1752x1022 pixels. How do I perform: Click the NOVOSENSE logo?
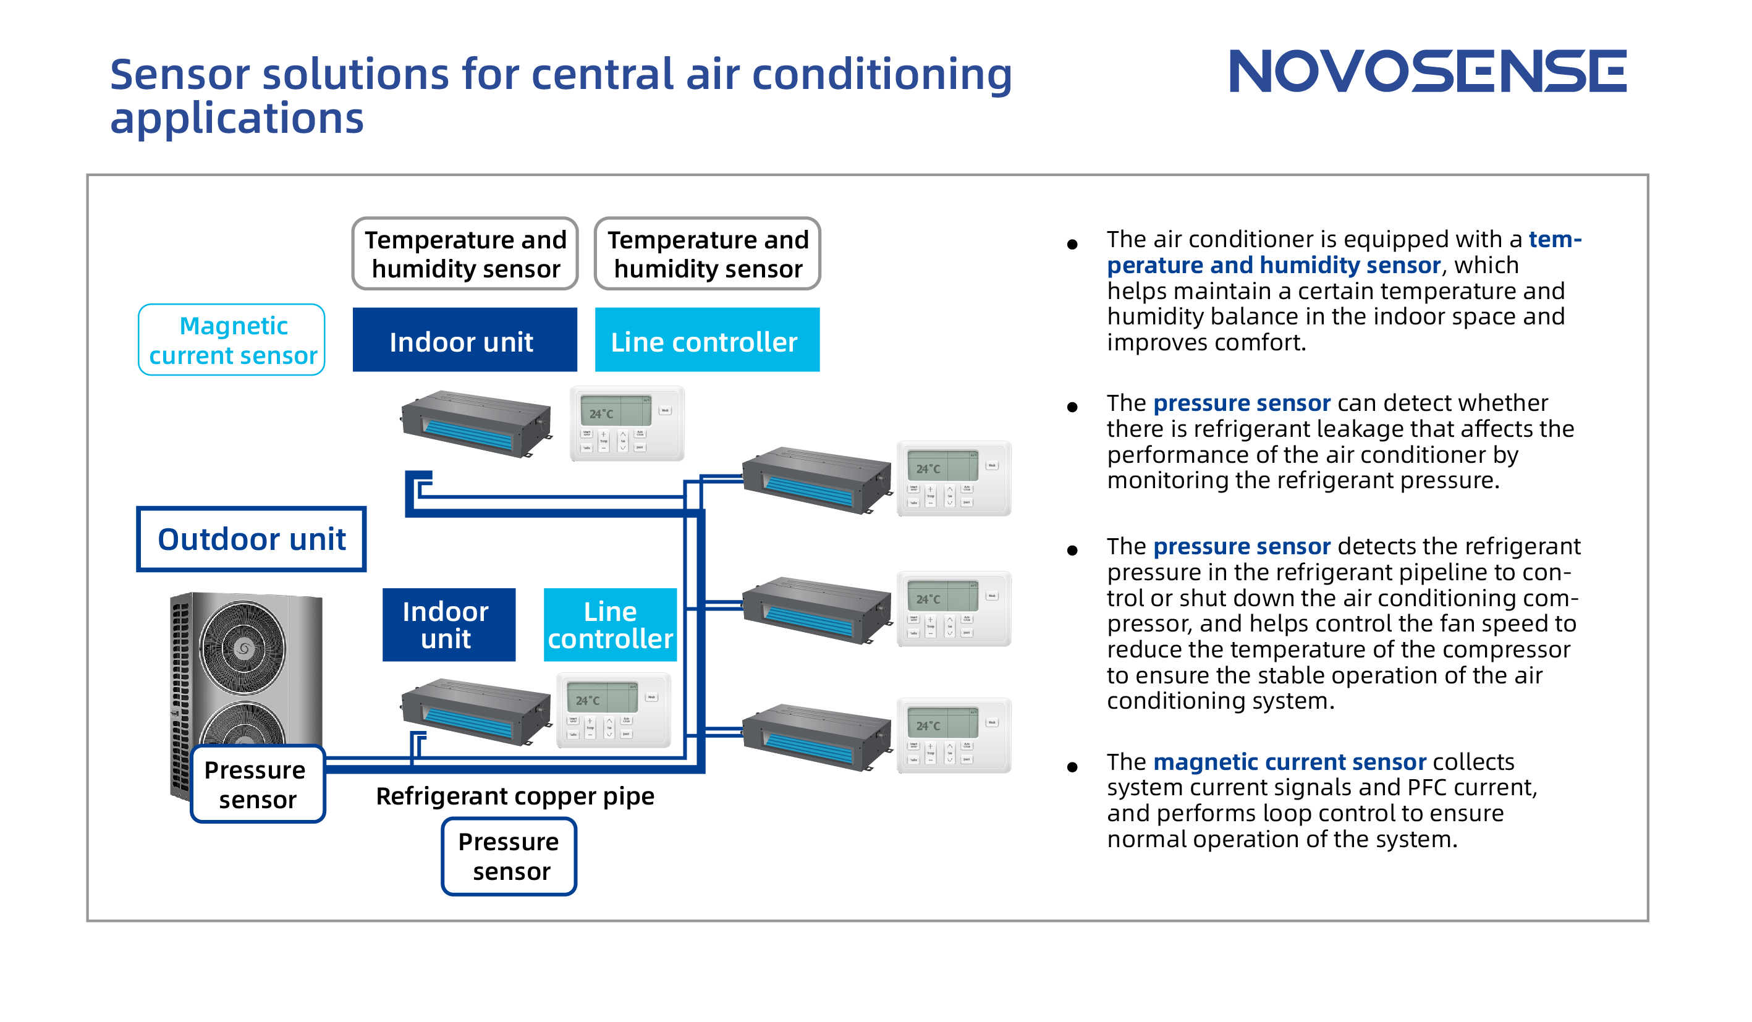coord(1428,71)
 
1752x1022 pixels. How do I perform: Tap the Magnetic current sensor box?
coord(232,340)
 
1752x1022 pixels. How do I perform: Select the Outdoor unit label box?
coord(251,539)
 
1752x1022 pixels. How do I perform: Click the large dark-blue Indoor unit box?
coord(465,340)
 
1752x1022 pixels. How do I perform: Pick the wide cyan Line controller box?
coord(707,340)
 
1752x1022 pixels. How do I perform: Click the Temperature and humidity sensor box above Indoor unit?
coord(465,254)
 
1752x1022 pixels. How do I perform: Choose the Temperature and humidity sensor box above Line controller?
coord(707,254)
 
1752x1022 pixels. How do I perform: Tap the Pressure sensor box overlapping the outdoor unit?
coord(257,784)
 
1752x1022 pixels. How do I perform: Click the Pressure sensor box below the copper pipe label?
coord(509,856)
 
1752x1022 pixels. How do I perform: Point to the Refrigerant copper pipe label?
coord(514,796)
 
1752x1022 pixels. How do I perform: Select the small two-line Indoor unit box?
coord(449,624)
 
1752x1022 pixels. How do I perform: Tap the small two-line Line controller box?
coord(610,624)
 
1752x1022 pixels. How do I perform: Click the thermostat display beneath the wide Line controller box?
coord(627,423)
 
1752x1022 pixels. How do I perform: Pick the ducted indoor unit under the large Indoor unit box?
coord(477,423)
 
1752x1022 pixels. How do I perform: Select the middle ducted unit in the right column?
coord(817,610)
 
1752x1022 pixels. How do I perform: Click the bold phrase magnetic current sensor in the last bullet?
coord(1289,762)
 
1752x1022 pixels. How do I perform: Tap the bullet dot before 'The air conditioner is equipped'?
coord(1072,244)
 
